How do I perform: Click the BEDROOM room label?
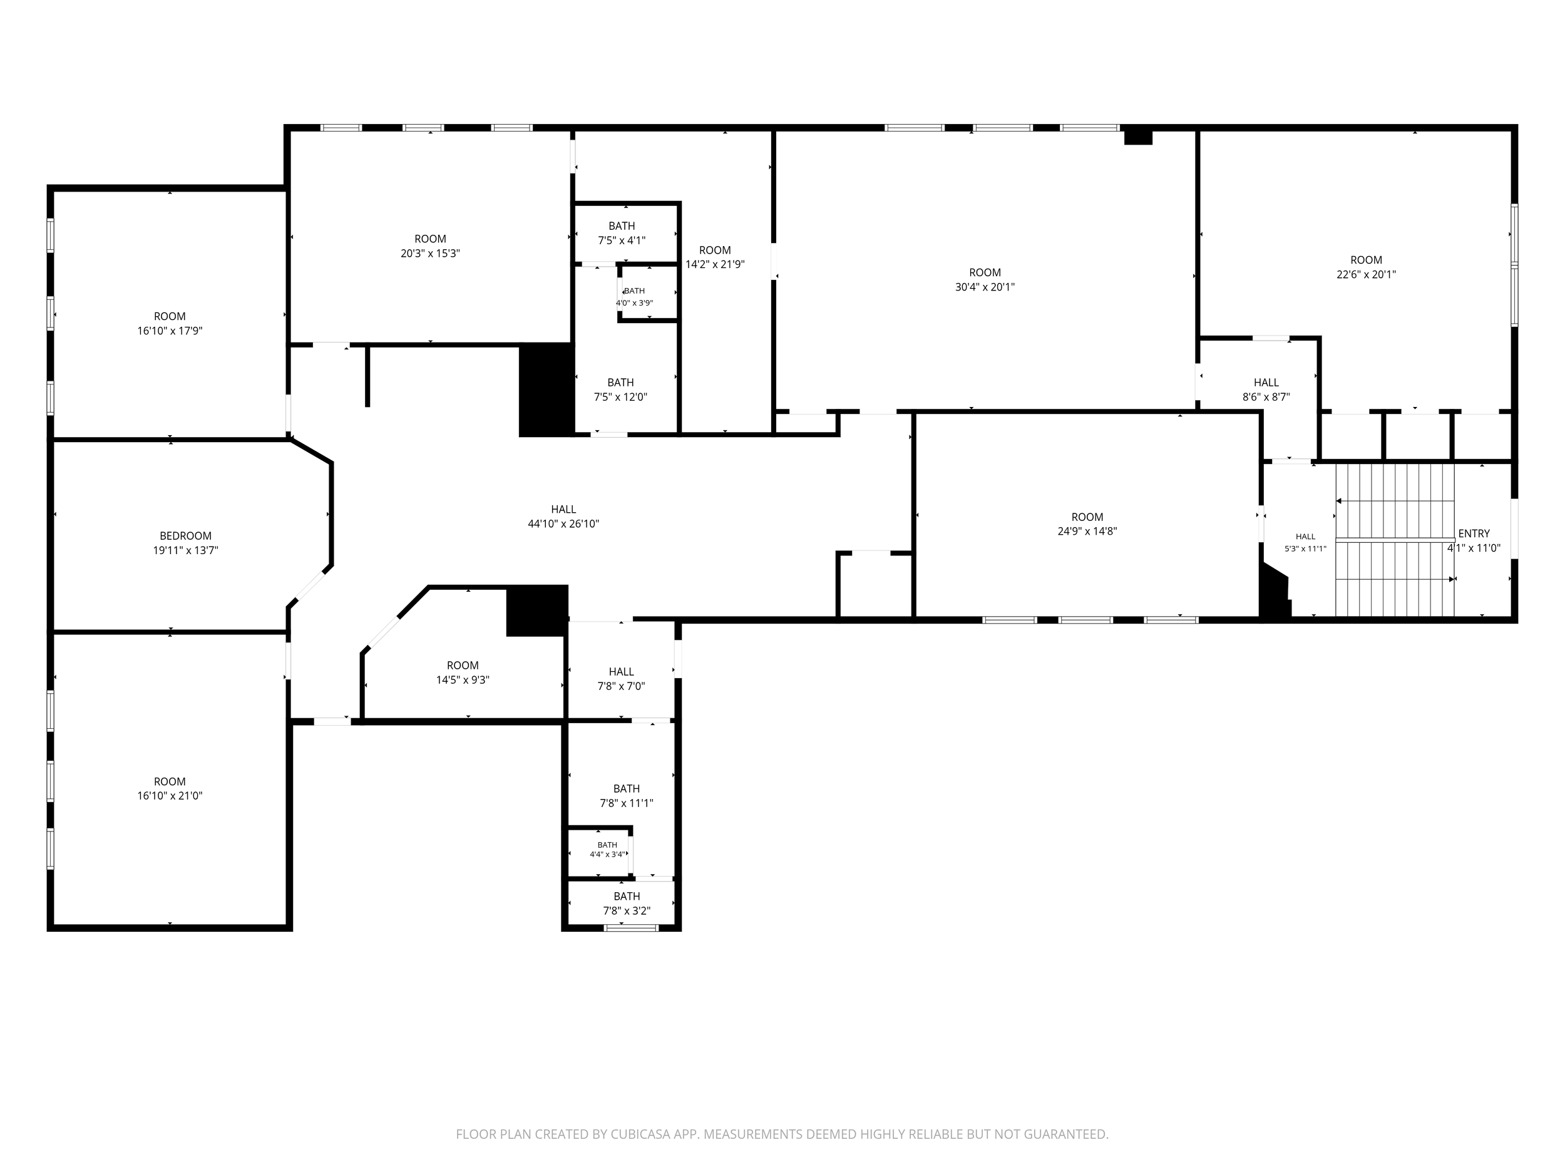point(185,536)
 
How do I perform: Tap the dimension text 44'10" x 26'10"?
point(563,523)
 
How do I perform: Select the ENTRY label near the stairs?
point(1474,533)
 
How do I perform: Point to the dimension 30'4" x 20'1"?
point(985,287)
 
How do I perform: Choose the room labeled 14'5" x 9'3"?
point(463,672)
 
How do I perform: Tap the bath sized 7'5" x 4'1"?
point(621,233)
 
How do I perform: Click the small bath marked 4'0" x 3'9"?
point(634,297)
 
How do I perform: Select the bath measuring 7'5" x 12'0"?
point(620,389)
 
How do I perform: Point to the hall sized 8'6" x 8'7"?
point(1266,389)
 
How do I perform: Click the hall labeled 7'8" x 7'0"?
point(621,679)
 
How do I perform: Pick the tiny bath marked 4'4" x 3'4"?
point(607,849)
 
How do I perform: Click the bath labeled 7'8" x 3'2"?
point(626,903)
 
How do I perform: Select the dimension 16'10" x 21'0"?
point(170,795)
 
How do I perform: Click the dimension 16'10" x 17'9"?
point(170,331)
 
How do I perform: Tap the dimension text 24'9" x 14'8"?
point(1087,531)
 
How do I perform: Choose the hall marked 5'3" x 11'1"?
point(1305,542)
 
